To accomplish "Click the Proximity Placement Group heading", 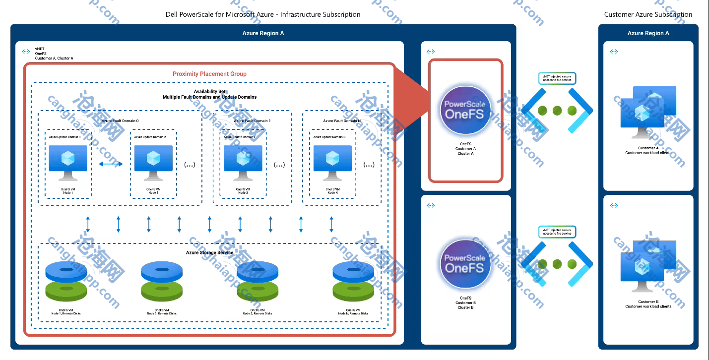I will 209,74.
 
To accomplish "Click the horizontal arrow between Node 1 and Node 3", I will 111,164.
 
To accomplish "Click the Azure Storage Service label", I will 209,253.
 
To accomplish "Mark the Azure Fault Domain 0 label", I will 120,121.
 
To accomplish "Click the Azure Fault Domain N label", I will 341,121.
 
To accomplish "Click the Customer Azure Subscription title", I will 648,14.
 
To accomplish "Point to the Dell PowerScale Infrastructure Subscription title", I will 263,14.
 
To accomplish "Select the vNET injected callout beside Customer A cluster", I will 557,78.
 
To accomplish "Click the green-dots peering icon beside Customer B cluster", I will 557,264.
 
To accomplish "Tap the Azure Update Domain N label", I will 332,137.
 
